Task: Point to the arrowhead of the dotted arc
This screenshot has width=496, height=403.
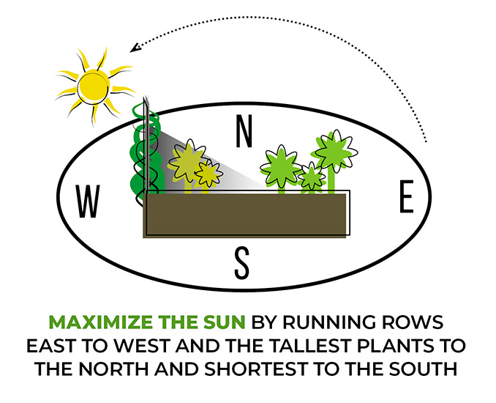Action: pos(134,49)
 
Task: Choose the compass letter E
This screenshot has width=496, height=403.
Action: pos(407,196)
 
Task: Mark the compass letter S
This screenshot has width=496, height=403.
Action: pos(243,263)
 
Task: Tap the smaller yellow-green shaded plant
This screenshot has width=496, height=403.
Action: pos(209,174)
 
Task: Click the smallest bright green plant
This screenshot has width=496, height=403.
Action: pos(312,176)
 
